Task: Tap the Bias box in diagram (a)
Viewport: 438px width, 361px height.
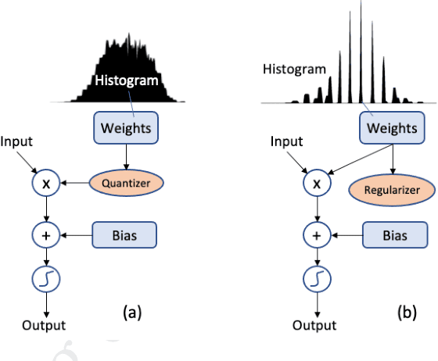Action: point(124,233)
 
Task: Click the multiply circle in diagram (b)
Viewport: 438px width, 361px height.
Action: point(315,184)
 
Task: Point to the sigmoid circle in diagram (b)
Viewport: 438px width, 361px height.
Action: point(315,279)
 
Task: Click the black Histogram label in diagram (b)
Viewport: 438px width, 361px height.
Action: point(294,69)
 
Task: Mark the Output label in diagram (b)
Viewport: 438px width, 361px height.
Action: point(316,325)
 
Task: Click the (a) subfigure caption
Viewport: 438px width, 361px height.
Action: point(131,313)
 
